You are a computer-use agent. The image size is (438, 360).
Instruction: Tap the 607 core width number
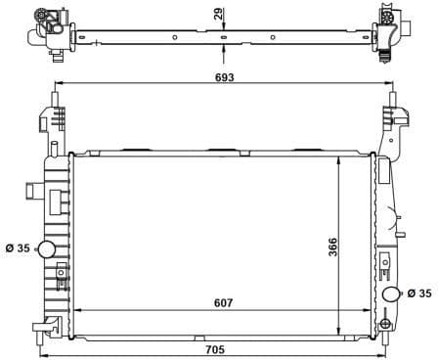coord(222,303)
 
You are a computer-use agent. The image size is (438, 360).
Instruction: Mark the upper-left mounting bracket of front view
coord(47,122)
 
